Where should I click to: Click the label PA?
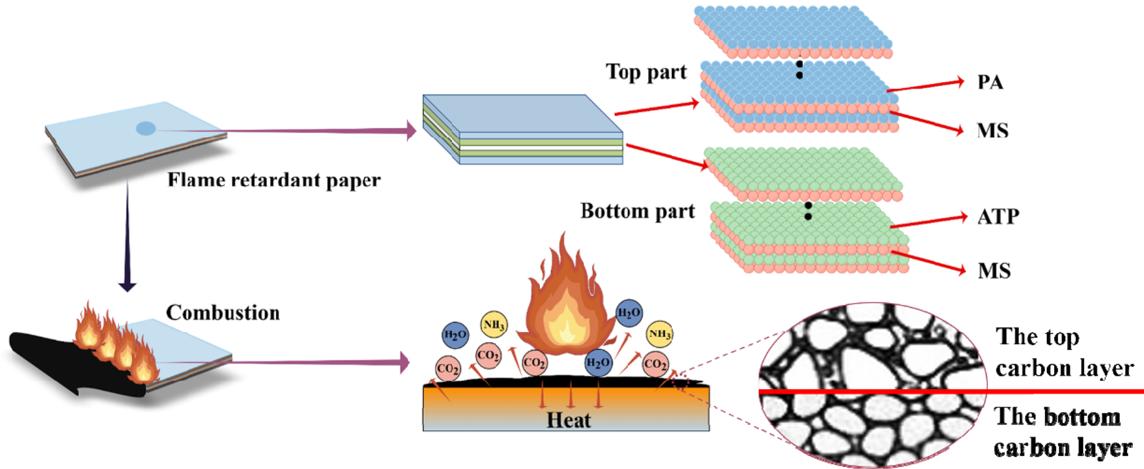point(990,83)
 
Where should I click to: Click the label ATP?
point(998,216)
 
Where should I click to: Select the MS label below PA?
point(992,131)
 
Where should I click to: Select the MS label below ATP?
point(994,270)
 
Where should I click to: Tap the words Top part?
point(646,71)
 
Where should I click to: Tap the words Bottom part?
point(637,211)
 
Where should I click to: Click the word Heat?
point(568,420)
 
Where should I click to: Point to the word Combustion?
point(222,312)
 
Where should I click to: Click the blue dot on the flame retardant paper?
point(146,129)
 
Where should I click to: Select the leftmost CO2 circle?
point(447,369)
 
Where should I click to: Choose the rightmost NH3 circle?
point(659,334)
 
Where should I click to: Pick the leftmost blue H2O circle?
point(455,335)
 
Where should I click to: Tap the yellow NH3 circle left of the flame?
point(493,324)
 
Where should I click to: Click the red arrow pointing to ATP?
point(928,222)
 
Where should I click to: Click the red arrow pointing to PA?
point(925,86)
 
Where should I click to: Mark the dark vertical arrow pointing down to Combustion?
point(127,236)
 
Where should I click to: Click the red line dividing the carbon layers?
point(951,392)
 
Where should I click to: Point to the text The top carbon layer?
point(1063,352)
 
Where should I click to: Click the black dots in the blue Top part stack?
point(799,70)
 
